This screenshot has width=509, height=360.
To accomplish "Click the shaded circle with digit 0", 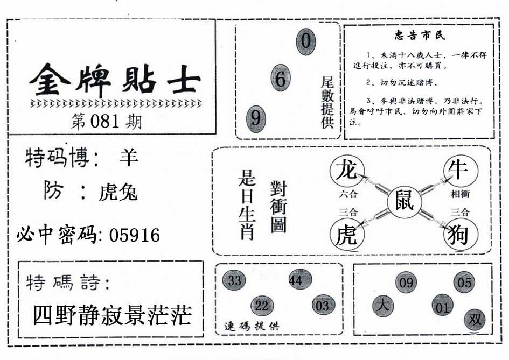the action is coord(306,41).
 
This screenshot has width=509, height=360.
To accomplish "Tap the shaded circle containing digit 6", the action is coord(281,78).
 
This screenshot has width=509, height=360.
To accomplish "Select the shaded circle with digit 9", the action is coord(256,119).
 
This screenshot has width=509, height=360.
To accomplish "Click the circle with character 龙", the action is coord(347,171).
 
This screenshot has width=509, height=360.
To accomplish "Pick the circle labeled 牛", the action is coord(461,170).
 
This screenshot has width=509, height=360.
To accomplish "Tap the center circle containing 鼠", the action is coord(405,202).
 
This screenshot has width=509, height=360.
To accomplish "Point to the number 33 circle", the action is coord(234,280).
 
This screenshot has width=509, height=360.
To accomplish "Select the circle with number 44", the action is coord(300,280).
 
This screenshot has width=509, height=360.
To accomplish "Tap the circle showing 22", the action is coord(262,306).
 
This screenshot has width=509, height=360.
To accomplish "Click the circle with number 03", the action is coord(323,305).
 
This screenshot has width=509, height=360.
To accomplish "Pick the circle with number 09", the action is coord(406,283).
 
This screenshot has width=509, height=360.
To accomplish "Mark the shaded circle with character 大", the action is coord(383,306).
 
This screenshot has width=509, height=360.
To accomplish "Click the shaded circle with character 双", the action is coord(475,320).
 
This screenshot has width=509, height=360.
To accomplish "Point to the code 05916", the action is coord(135,235).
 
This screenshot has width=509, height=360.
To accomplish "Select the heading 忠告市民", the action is coord(420,35).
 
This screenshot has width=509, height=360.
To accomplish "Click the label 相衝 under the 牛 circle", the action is coord(460,194).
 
